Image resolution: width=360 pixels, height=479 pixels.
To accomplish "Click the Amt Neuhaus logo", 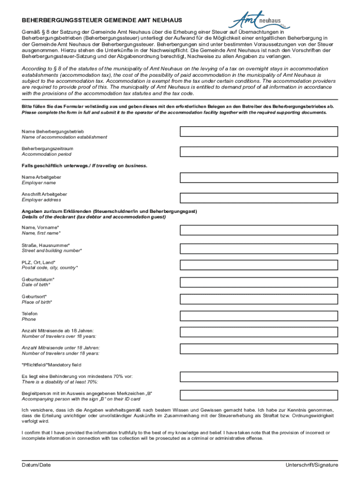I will (259, 21).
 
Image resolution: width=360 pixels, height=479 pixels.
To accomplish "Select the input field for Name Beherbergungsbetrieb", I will (259, 131).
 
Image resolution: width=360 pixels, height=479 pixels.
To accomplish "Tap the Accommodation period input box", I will (259, 152).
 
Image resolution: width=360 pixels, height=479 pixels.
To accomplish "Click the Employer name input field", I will (259, 178).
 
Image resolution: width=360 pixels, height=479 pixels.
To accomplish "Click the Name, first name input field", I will (259, 230).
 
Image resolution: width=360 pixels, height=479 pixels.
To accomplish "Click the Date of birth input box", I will (259, 282).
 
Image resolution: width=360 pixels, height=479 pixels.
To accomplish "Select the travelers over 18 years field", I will (259, 334).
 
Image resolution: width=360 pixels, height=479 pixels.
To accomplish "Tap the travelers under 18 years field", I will (259, 350).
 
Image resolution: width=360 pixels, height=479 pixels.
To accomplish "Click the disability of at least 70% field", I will (259, 377).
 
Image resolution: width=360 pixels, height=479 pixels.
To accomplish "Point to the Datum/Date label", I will (36, 465).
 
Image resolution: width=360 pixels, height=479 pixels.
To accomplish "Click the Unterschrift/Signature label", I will (312, 465).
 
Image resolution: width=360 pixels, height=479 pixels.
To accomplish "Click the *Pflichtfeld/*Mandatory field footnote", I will (51, 365).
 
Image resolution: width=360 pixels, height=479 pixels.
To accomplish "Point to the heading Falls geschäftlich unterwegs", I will (85, 166).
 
